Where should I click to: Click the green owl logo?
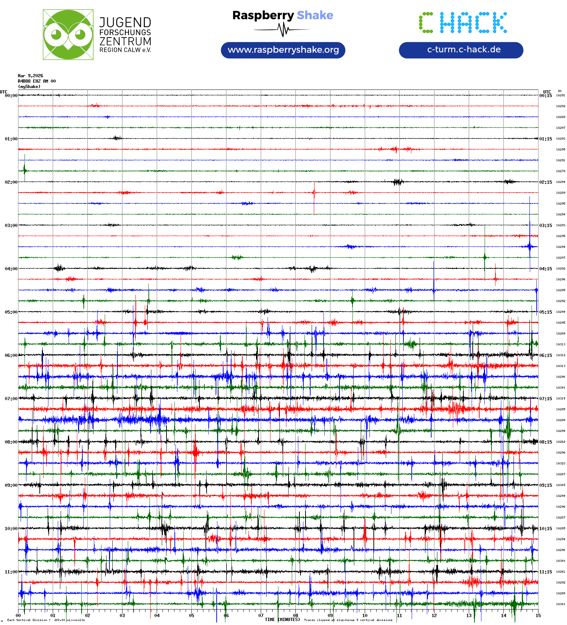(68, 35)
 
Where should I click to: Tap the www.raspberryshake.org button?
(283, 50)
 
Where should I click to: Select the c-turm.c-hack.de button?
(461, 50)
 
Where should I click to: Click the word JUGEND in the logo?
(125, 22)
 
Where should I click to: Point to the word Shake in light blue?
(315, 15)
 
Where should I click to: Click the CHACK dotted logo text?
(463, 23)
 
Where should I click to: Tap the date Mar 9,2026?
(30, 76)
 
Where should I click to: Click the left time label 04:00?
(11, 269)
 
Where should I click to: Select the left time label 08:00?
(11, 442)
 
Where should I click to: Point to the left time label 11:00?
(11, 572)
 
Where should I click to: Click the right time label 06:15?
(545, 355)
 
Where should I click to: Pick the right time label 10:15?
(545, 529)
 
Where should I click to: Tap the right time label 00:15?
(545, 96)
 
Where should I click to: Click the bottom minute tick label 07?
(261, 616)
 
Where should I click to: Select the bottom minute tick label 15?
(538, 616)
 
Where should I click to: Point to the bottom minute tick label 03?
(122, 616)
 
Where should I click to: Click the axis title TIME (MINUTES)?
(282, 620)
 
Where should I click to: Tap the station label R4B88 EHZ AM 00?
(37, 81)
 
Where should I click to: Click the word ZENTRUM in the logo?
(125, 41)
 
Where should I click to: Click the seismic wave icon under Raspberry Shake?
(283, 30)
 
